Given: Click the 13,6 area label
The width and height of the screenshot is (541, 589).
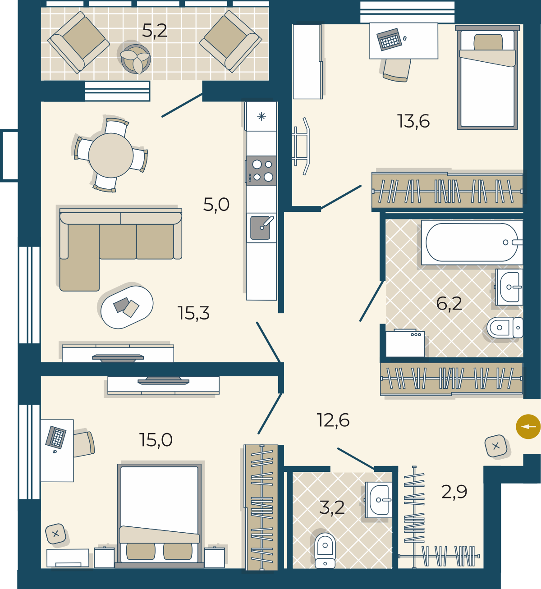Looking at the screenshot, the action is tap(413, 121).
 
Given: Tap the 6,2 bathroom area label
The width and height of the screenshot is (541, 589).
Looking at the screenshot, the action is tap(449, 303).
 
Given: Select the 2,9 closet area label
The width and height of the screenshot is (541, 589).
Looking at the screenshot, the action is tap(454, 492).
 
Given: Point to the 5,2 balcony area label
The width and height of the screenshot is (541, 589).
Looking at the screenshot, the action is tap(155, 31).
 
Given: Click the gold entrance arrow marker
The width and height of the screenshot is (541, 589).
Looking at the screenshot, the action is tap(528, 427).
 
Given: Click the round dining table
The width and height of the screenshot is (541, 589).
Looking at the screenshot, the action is tap(111, 155).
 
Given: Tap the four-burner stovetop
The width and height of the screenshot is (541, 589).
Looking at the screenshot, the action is tap(261, 171).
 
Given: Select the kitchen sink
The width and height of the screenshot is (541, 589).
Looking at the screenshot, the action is tap(261, 228).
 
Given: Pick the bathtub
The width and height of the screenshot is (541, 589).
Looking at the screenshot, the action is tap(472, 242).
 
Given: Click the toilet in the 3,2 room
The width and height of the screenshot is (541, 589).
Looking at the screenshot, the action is tap(325, 550).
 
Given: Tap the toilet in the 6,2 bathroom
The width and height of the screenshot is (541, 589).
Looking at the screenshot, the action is tap(505, 327).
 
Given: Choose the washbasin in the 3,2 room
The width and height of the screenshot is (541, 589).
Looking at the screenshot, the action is tap(379, 500).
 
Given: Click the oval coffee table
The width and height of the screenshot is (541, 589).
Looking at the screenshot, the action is tap(127, 307).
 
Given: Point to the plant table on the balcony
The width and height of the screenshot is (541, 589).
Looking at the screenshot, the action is tap(135, 59).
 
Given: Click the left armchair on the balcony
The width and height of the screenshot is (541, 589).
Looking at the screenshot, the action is tap(78, 42).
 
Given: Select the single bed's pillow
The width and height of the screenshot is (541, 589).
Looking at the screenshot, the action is tap(488, 42).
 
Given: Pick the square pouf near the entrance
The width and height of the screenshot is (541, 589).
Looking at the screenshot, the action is tap(496, 446).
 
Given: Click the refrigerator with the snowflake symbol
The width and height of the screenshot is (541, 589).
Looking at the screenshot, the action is tap(261, 116).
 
